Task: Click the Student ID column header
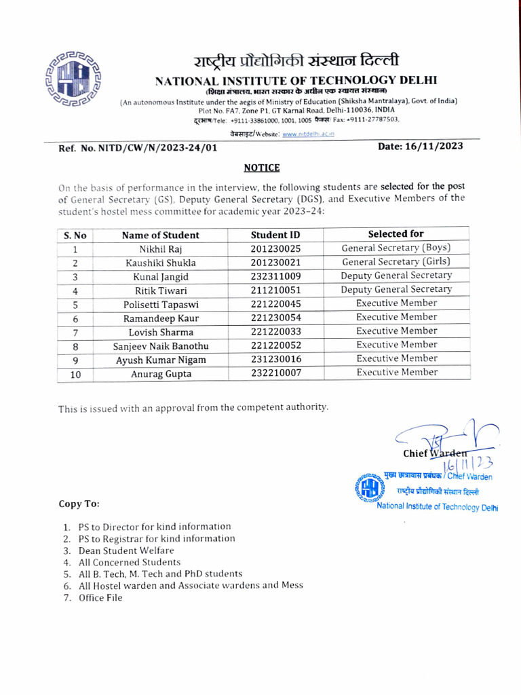[275, 235]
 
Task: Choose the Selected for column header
[396, 234]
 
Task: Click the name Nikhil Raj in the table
[161, 249]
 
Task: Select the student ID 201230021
[275, 263]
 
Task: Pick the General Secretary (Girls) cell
[396, 262]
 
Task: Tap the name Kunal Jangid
[161, 277]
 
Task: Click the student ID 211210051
[275, 290]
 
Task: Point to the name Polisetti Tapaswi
[161, 304]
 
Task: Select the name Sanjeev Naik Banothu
[161, 346]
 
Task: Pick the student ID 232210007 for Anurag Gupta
[275, 373]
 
